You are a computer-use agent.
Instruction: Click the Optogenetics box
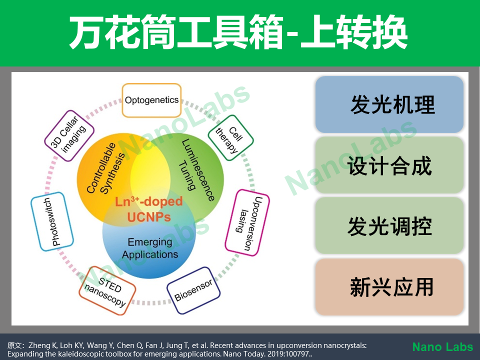click(x=151, y=100)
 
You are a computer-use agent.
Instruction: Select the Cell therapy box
click(x=231, y=138)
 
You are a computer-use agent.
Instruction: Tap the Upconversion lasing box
click(x=247, y=222)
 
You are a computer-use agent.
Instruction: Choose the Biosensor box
click(x=193, y=290)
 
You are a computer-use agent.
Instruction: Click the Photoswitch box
click(x=52, y=221)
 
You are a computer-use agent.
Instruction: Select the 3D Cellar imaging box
click(x=69, y=135)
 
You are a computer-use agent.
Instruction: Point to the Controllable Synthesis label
click(x=105, y=168)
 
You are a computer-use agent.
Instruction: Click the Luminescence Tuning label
click(x=196, y=170)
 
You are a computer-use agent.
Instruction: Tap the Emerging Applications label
click(x=150, y=248)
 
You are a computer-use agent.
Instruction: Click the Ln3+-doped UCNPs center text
click(x=149, y=209)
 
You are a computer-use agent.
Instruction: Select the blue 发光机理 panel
click(x=389, y=104)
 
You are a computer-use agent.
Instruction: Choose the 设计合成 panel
click(x=389, y=165)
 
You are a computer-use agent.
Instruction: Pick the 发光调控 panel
click(x=389, y=225)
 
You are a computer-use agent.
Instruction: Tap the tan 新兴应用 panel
click(x=389, y=287)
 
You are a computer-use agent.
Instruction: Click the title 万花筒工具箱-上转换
click(x=238, y=32)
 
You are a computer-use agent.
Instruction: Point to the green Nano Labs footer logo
click(x=442, y=347)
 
